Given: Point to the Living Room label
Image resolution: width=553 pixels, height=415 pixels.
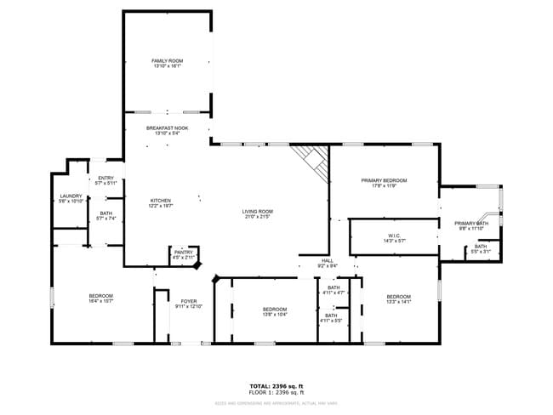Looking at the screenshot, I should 257,214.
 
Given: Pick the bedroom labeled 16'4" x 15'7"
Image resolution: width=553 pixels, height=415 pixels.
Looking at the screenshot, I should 100,298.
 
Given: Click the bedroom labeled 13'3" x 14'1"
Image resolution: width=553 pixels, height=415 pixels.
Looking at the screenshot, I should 399,298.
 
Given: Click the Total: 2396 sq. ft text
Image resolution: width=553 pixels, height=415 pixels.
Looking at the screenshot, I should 276,386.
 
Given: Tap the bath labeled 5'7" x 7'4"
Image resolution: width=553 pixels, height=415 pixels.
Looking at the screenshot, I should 105,216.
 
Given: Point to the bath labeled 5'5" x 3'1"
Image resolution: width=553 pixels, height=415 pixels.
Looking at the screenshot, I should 481,249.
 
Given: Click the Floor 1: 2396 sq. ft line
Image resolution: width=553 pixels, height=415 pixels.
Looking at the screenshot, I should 276,393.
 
